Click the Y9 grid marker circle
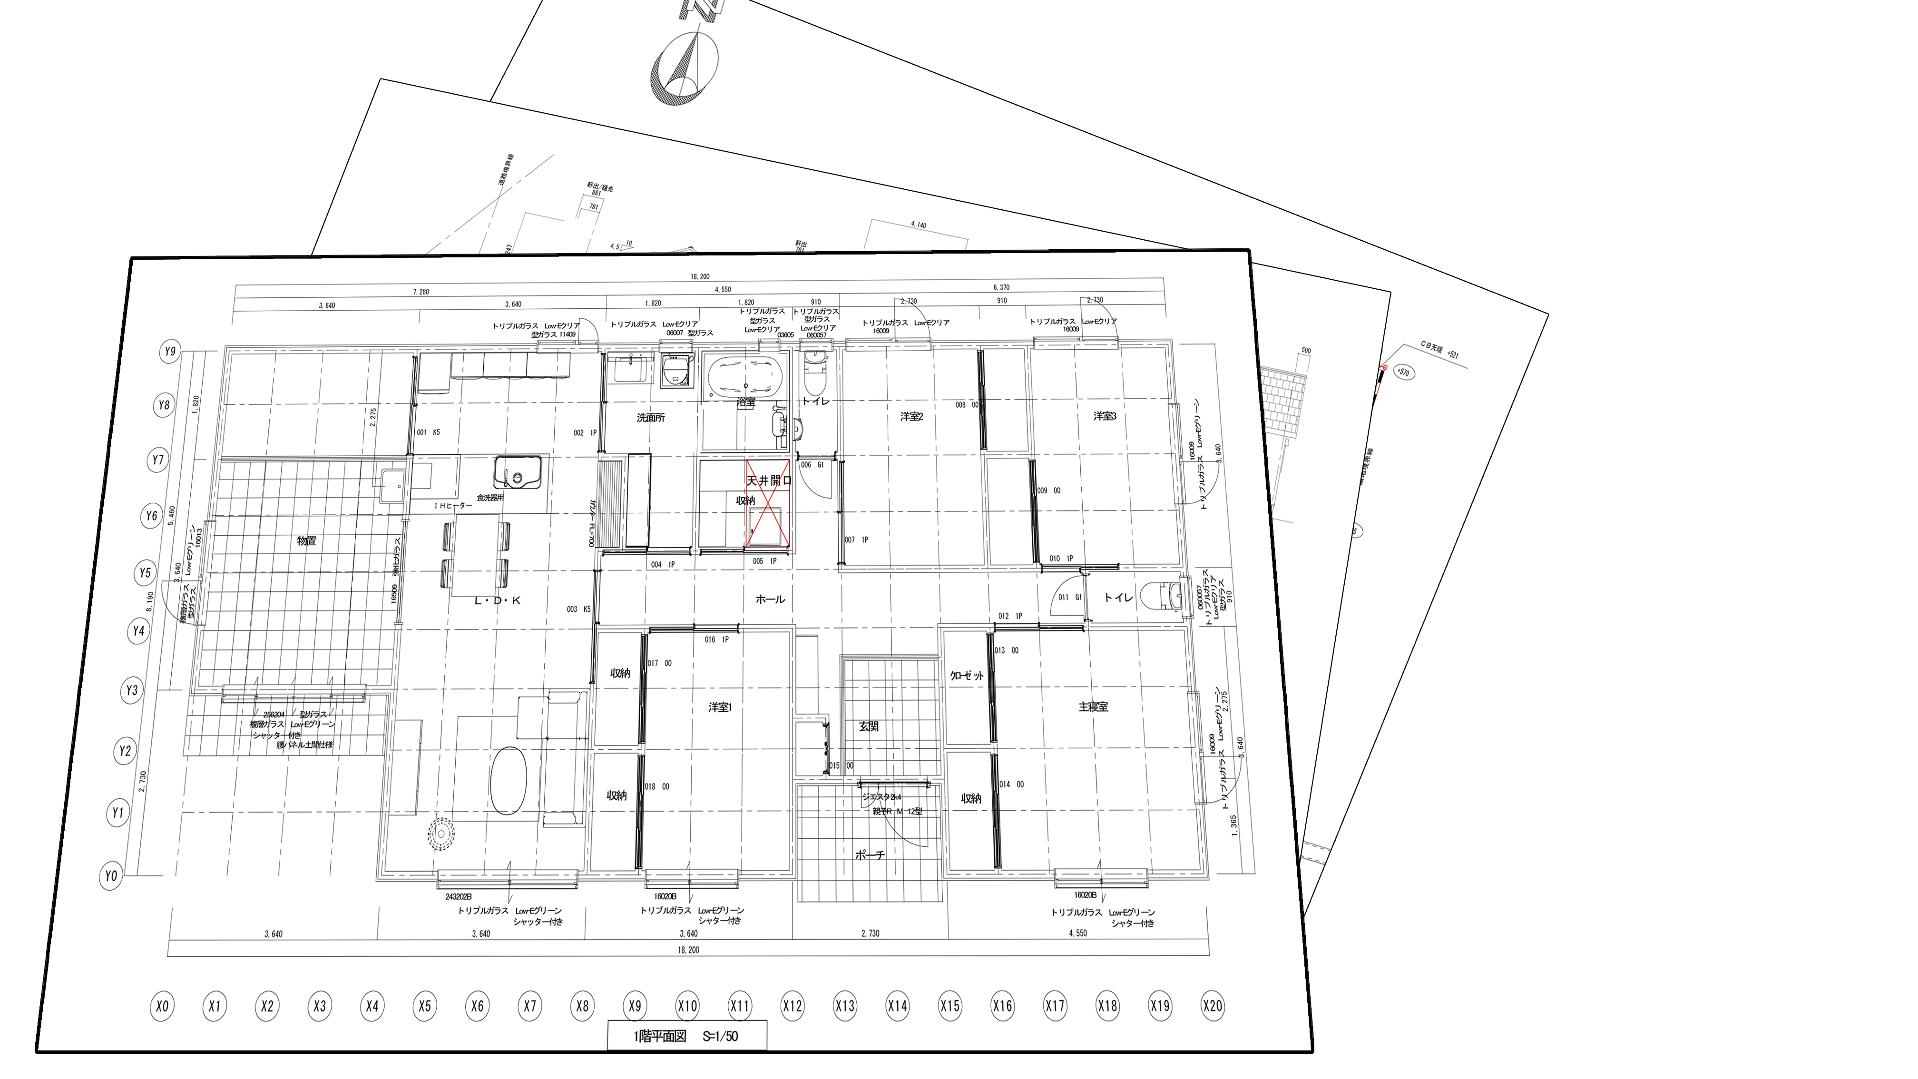click(170, 351)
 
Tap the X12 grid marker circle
click(792, 1007)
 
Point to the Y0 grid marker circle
click(110, 876)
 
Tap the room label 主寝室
click(1093, 706)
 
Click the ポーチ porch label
click(870, 855)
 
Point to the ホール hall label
click(770, 598)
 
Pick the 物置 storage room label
click(306, 540)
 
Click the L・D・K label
click(498, 599)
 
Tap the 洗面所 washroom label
click(651, 418)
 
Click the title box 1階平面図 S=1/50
click(686, 1036)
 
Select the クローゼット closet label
click(967, 676)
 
